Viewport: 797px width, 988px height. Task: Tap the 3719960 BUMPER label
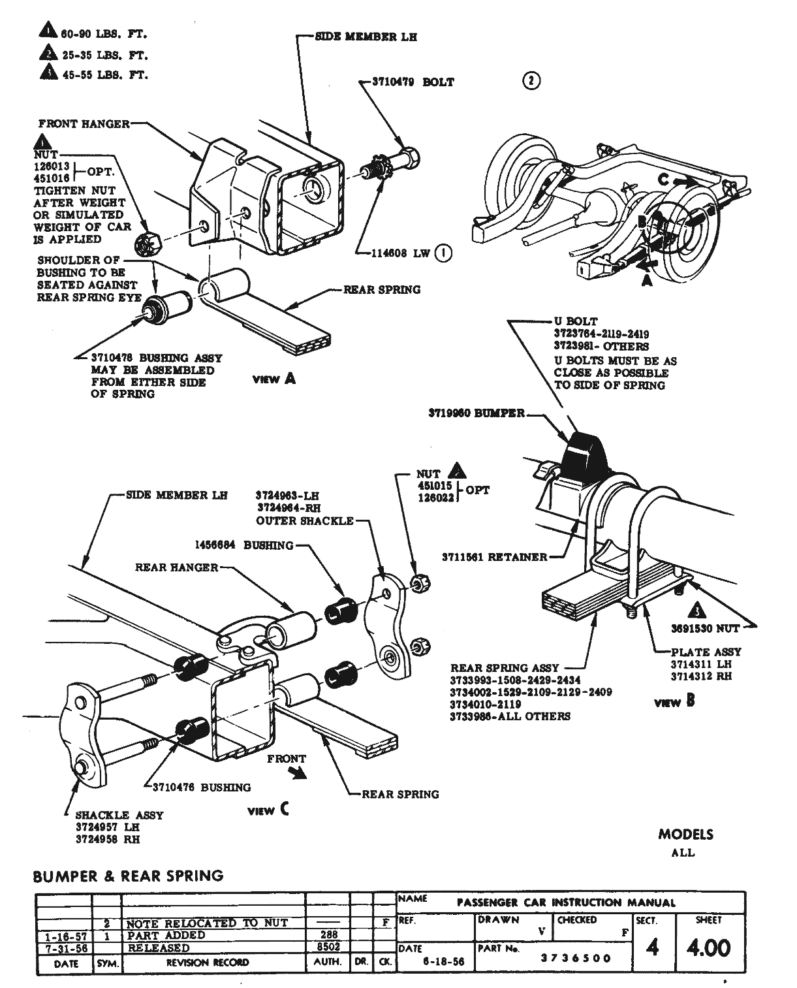[x=477, y=413]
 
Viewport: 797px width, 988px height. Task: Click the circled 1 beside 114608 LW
[x=443, y=253]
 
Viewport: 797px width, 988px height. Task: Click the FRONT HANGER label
[x=84, y=123]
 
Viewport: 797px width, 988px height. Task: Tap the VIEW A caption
[x=273, y=379]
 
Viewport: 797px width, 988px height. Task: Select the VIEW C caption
[x=268, y=810]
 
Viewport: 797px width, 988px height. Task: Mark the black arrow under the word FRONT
[x=298, y=773]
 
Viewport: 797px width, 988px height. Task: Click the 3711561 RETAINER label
[x=494, y=557]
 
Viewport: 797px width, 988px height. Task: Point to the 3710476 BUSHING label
[x=201, y=787]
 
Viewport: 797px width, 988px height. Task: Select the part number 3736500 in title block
[x=576, y=958]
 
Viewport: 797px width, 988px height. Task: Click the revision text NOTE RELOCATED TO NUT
[x=207, y=923]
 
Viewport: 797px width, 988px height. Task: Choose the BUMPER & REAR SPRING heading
[x=128, y=876]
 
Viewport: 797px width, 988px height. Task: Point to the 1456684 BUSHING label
[x=243, y=545]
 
